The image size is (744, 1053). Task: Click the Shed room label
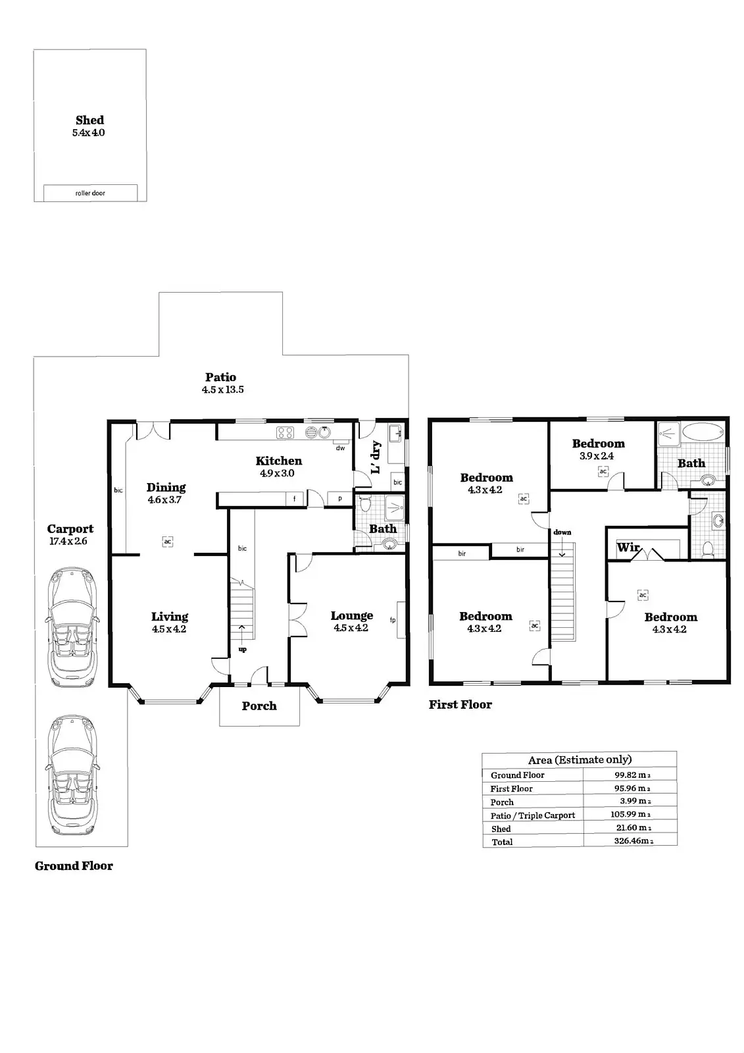click(x=89, y=120)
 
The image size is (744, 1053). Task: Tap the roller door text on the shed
click(x=90, y=193)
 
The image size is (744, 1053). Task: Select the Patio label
click(x=220, y=377)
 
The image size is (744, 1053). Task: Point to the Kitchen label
click(x=279, y=461)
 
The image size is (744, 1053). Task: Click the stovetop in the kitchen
click(x=285, y=432)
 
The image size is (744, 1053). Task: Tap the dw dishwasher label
click(x=340, y=448)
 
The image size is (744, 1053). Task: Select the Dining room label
click(x=166, y=487)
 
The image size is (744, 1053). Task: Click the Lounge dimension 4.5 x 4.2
click(x=351, y=628)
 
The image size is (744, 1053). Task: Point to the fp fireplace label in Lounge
click(x=393, y=619)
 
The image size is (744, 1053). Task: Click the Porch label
click(x=259, y=706)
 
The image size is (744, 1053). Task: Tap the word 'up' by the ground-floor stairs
click(x=243, y=650)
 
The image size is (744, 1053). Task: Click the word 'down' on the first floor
click(x=562, y=532)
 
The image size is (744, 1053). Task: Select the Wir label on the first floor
click(x=628, y=548)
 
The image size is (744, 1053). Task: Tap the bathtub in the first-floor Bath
click(x=703, y=433)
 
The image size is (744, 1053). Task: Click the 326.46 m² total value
click(x=632, y=841)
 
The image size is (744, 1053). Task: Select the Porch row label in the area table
click(x=502, y=802)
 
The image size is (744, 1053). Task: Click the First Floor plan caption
click(x=460, y=705)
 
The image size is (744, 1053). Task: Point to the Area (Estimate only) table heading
click(x=580, y=760)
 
